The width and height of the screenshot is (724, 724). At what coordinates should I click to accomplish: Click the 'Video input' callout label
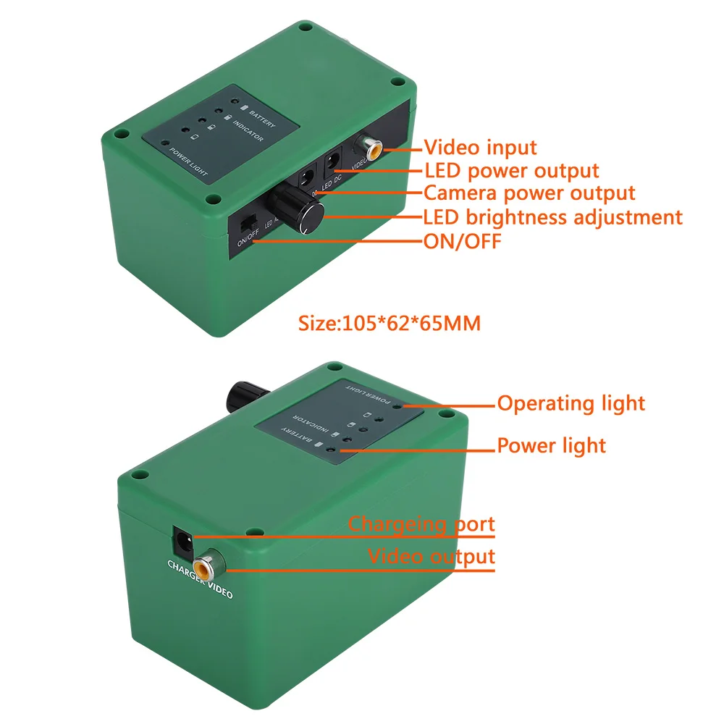coord(480,148)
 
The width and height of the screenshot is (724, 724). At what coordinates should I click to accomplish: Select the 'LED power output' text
coord(511,171)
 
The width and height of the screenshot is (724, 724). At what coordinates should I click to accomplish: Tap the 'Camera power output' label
coord(529,193)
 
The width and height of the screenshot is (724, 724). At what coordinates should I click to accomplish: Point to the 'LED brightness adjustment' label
coord(552,216)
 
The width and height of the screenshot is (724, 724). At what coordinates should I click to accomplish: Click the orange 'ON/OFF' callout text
coord(461,240)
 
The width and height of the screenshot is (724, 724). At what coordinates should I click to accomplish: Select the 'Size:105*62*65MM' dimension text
coord(390,323)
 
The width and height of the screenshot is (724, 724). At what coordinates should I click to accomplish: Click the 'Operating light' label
coord(571,403)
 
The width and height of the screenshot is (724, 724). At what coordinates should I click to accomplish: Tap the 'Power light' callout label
coord(551,445)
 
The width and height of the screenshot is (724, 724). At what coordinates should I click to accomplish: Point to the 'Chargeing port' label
coord(421,523)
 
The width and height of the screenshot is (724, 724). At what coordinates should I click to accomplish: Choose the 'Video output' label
coord(432,557)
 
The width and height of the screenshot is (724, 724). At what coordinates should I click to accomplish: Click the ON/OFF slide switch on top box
coord(248,220)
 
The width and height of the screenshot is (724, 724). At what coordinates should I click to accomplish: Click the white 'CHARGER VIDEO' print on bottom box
coord(200,579)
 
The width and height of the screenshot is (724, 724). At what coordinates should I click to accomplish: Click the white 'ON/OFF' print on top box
coord(248,239)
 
